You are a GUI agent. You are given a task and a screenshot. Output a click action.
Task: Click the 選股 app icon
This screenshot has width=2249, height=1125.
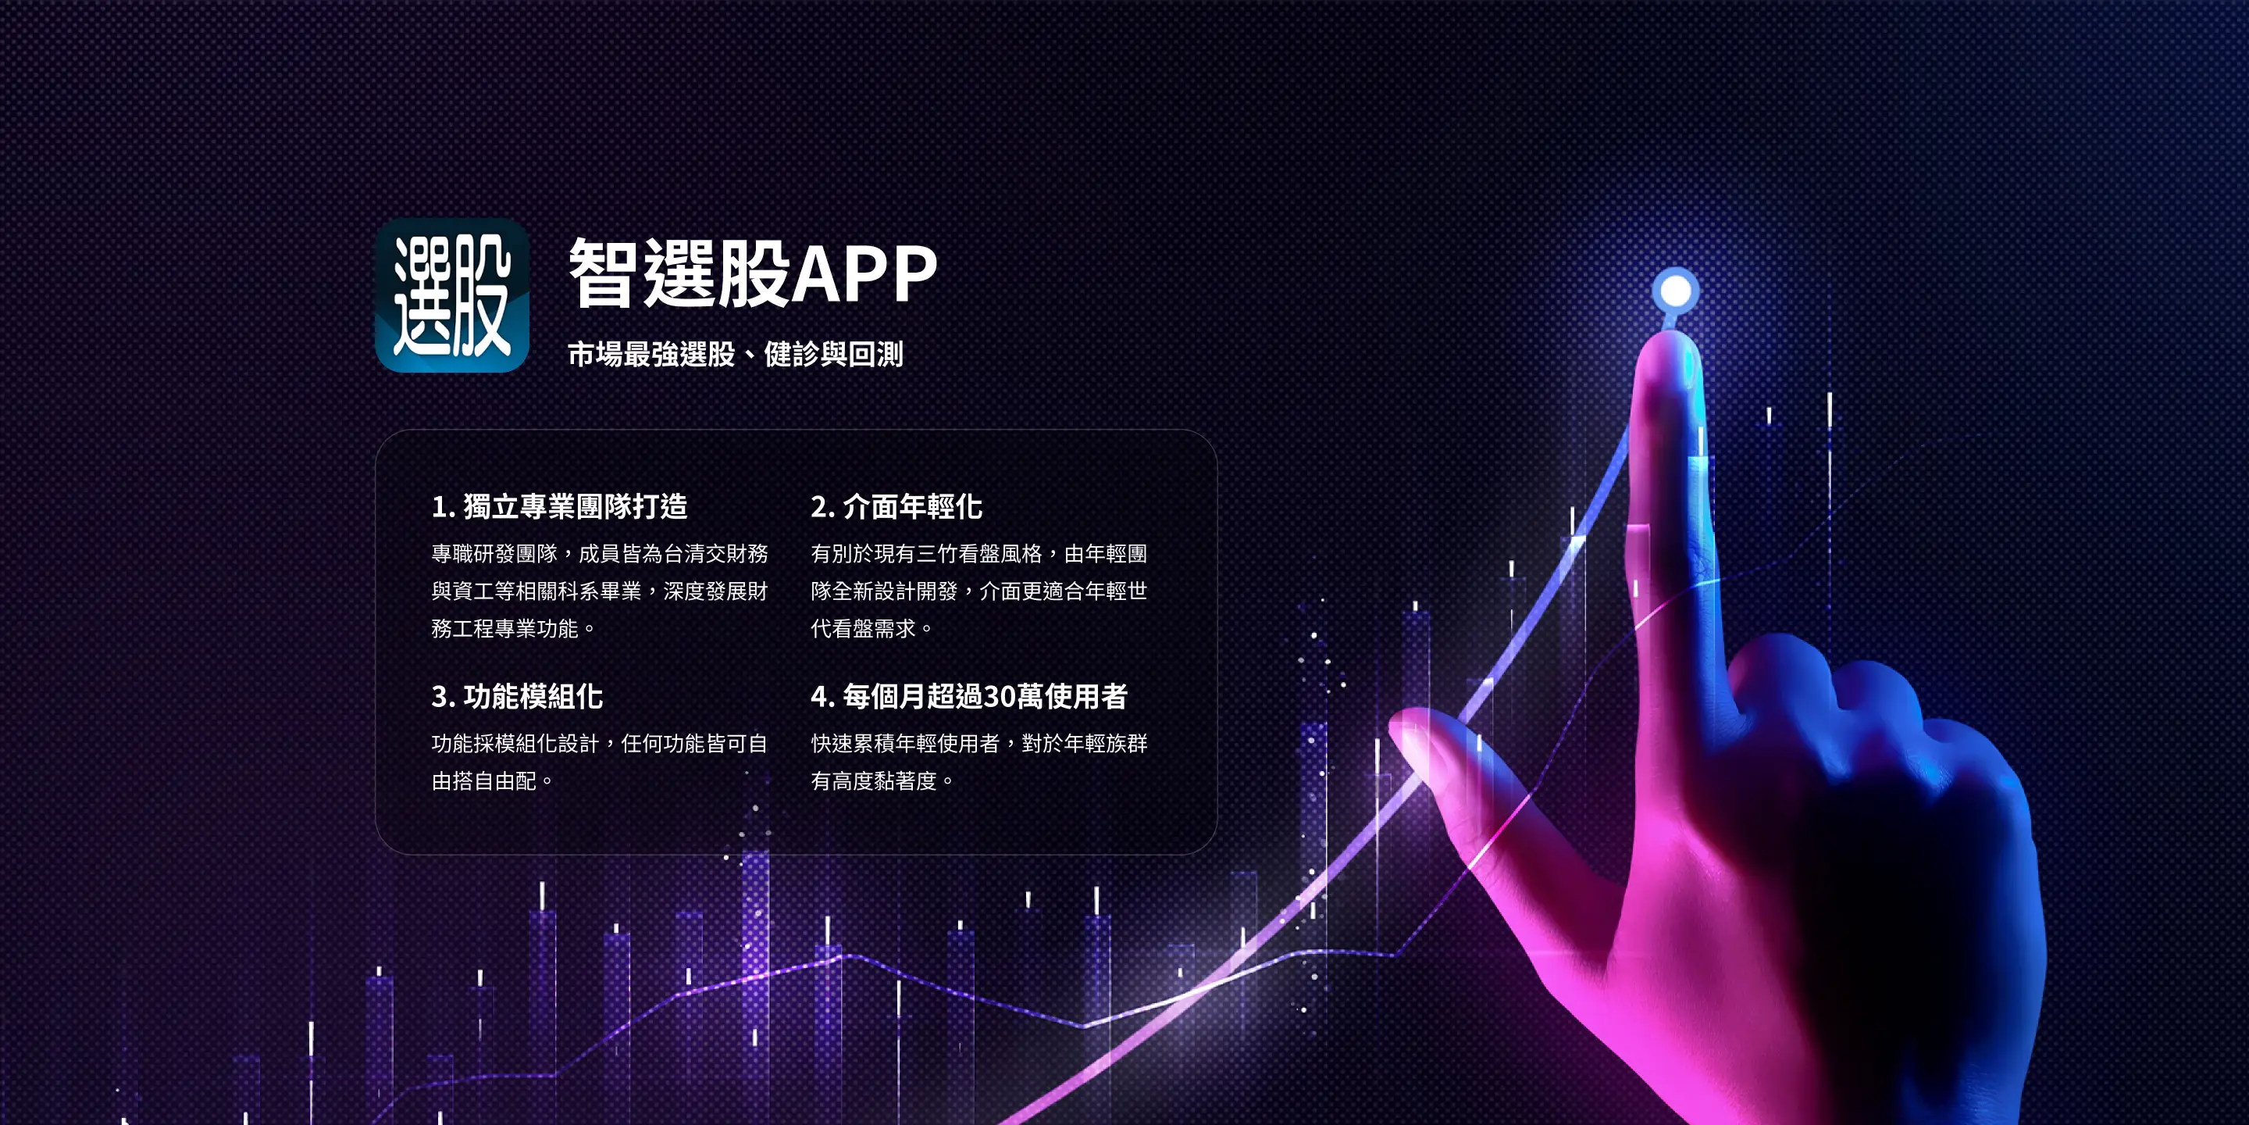tap(451, 295)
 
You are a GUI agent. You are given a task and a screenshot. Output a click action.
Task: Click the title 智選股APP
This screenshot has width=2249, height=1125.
tap(753, 273)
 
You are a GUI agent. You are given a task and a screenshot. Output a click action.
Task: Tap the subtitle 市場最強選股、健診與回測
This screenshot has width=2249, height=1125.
tap(735, 354)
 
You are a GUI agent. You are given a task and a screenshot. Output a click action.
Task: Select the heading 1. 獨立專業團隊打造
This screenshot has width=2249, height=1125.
tap(560, 506)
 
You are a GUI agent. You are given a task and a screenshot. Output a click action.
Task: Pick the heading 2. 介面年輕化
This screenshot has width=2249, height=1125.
tap(896, 506)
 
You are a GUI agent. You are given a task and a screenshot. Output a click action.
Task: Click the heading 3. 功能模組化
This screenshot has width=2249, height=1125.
tap(517, 696)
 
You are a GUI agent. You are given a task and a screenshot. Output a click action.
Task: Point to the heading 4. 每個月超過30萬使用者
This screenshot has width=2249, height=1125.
tap(969, 696)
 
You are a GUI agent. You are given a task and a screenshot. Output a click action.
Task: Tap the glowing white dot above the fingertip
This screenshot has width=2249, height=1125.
tap(1675, 290)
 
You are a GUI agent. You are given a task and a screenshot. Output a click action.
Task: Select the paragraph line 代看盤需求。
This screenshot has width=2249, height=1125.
tap(872, 629)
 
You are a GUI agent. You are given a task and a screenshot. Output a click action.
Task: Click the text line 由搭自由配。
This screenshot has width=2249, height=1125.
tap(494, 781)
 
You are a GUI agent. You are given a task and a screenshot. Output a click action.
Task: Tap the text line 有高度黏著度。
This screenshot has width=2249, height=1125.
tap(882, 781)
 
